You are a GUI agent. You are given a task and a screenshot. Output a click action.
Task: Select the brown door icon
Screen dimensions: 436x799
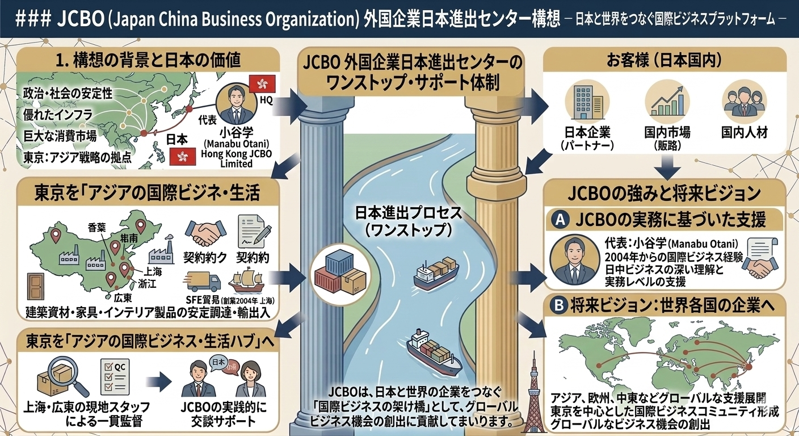[x=35, y=287]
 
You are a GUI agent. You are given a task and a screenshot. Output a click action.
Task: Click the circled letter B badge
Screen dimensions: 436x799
[x=560, y=305]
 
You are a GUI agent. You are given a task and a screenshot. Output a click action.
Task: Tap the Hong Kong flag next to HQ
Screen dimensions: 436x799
[x=263, y=83]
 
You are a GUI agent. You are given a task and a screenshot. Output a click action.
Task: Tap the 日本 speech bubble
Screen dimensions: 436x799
[x=217, y=361]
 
